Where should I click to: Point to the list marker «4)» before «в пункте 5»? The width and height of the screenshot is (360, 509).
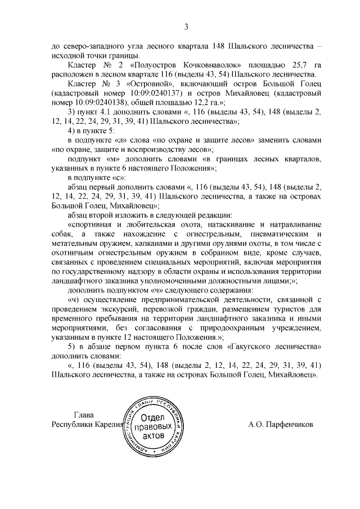pos(71,130)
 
